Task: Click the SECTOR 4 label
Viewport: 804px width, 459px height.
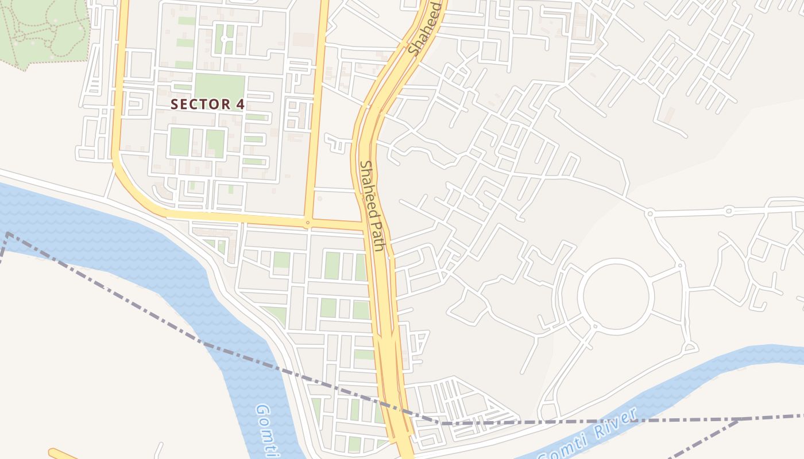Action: pos(207,104)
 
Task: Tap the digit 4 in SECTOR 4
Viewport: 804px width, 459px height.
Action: pos(240,104)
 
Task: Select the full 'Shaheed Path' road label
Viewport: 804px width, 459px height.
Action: pos(372,205)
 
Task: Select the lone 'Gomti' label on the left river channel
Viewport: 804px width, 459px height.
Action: pos(268,430)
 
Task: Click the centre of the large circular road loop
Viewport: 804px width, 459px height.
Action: pos(616,295)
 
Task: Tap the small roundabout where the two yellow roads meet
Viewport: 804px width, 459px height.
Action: pos(308,222)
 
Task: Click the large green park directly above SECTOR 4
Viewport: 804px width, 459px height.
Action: pos(219,87)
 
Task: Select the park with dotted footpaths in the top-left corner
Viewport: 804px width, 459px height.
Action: pos(43,32)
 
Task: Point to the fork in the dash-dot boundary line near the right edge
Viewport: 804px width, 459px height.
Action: pos(739,420)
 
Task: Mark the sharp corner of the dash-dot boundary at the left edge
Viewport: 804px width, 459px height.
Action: pos(7,234)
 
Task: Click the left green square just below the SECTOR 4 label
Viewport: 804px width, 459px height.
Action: pos(179,142)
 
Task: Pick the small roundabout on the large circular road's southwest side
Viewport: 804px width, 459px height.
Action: pos(594,326)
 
